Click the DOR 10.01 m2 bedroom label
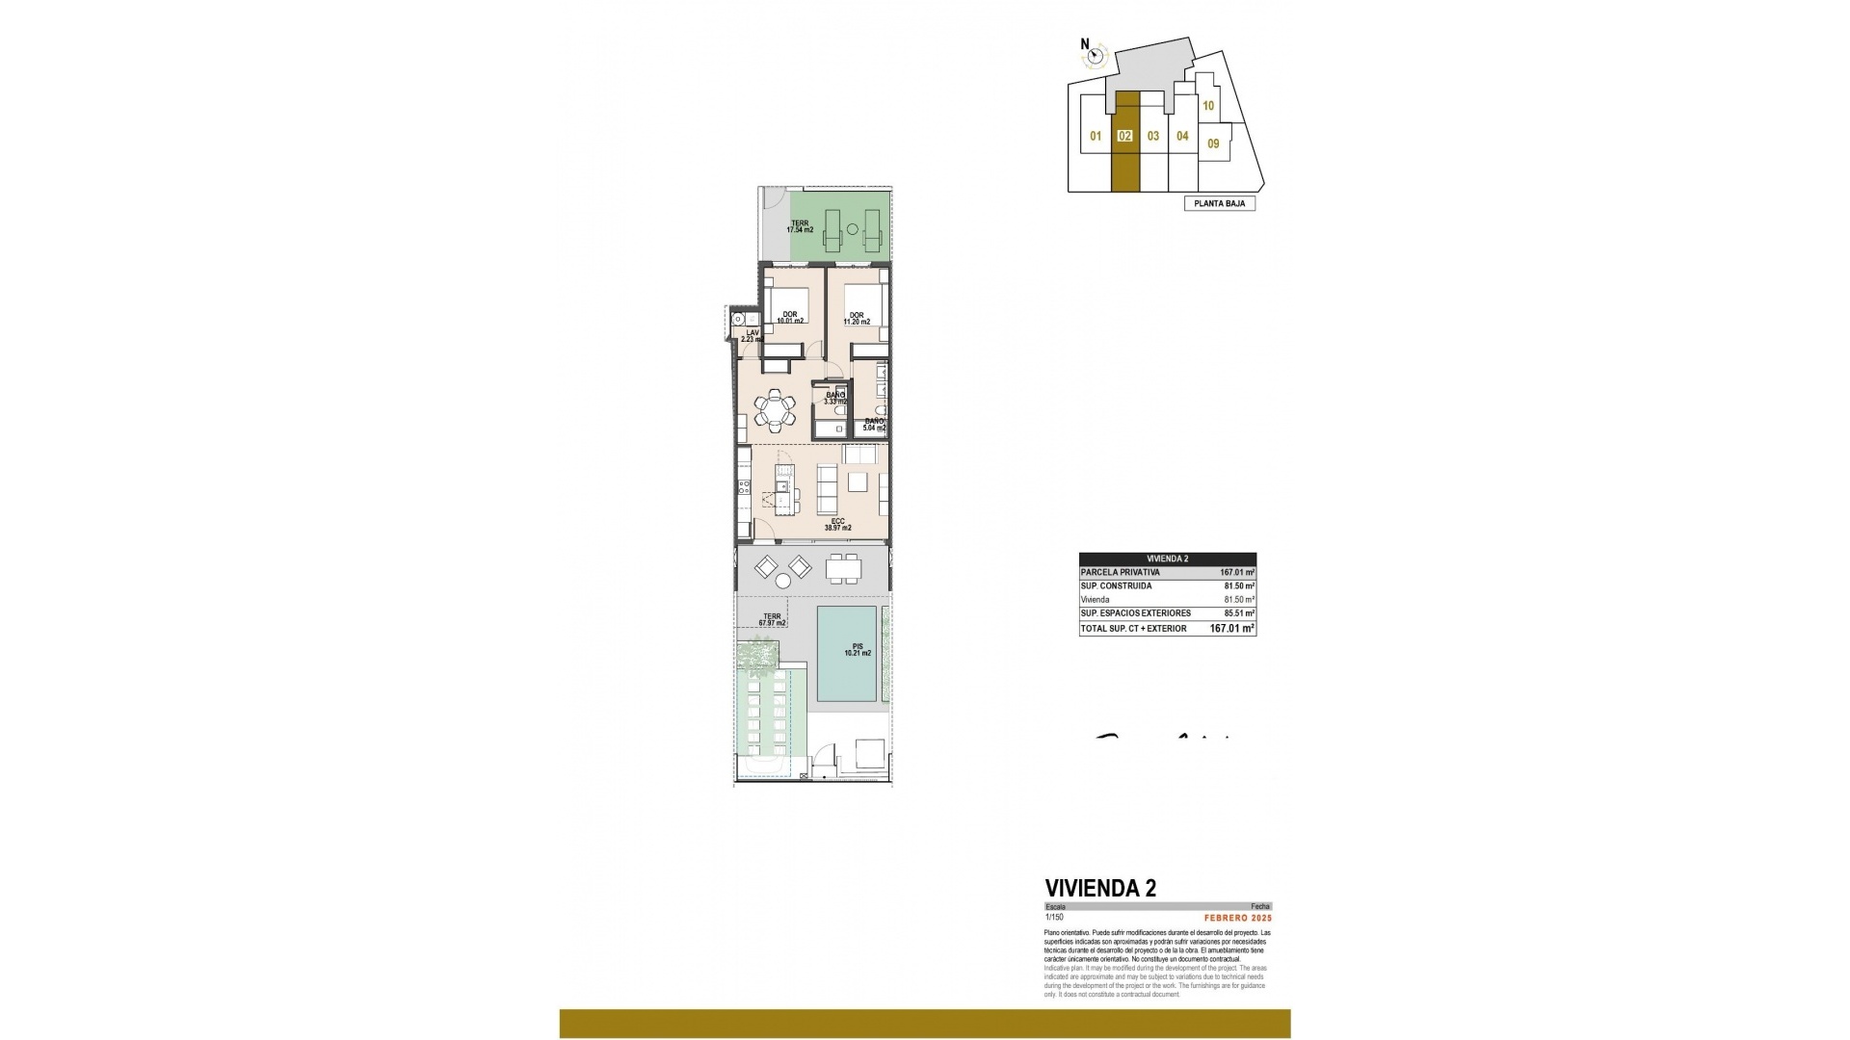click(x=790, y=318)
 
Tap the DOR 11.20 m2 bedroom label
click(x=858, y=319)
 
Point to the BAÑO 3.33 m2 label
click(x=834, y=398)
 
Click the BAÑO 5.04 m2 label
click(x=874, y=425)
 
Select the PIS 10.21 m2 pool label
click(x=857, y=649)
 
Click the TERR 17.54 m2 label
click(x=800, y=226)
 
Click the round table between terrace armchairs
click(x=782, y=581)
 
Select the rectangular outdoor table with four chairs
click(x=845, y=569)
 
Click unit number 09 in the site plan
click(x=1213, y=144)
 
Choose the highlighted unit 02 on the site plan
click(x=1124, y=137)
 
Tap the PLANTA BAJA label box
click(x=1219, y=204)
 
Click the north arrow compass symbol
click(x=1094, y=56)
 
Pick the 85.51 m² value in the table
click(x=1236, y=613)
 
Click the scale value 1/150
click(x=1053, y=918)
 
